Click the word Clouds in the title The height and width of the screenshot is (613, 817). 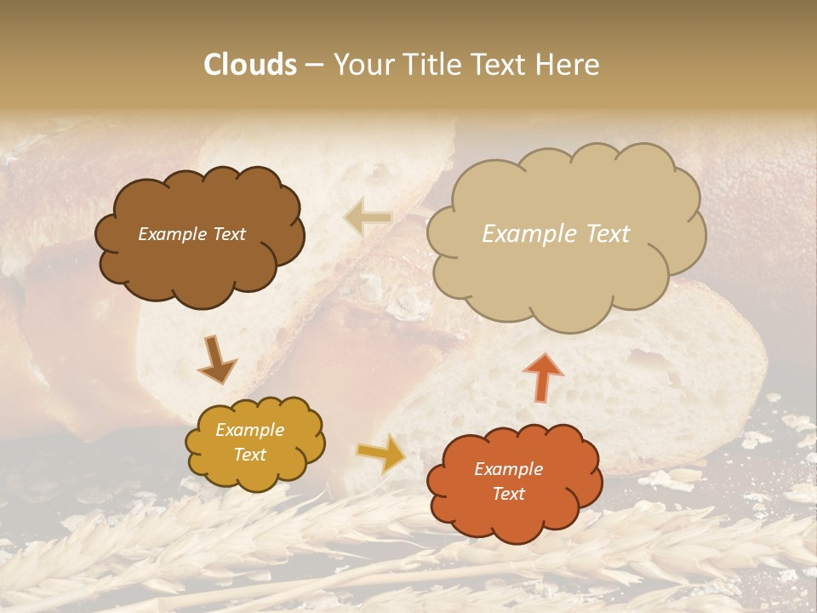[x=250, y=65]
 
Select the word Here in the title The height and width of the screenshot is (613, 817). [x=567, y=65]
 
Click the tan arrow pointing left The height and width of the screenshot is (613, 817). [x=368, y=218]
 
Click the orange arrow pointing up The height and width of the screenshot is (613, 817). [x=542, y=376]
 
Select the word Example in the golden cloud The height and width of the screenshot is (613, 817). [x=249, y=430]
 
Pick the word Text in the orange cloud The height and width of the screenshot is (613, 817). [x=508, y=494]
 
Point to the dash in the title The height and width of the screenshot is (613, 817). [x=313, y=66]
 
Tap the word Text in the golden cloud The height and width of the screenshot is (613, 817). [x=249, y=455]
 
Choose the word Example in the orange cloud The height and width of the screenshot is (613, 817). [x=508, y=469]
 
